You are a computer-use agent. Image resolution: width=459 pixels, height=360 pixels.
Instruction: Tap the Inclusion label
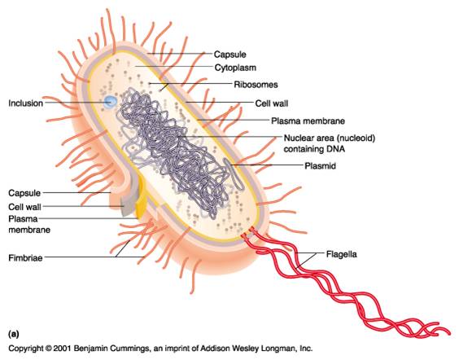pyautogui.click(x=25, y=103)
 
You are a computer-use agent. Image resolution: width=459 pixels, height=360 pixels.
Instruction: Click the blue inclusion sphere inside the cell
pyautogui.click(x=110, y=102)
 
